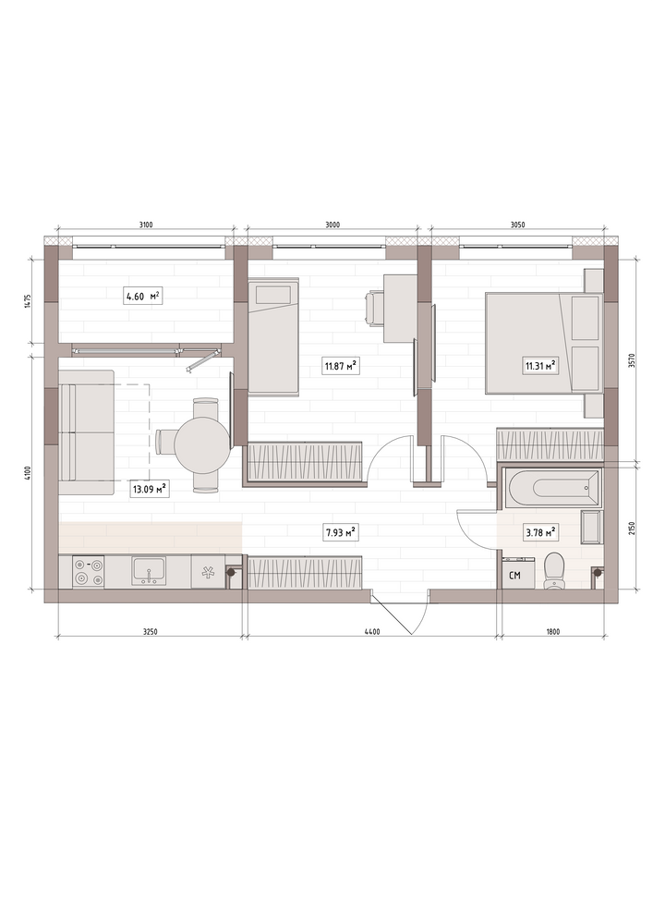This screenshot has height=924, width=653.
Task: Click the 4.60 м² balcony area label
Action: (x=142, y=296)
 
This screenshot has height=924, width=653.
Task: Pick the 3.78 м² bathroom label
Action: (x=541, y=533)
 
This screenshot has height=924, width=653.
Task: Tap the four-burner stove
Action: (x=89, y=572)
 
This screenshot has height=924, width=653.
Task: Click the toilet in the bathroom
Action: (x=553, y=570)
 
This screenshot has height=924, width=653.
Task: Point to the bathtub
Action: (x=550, y=487)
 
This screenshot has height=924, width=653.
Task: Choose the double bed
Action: (x=543, y=344)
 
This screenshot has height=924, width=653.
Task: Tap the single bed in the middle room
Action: (x=273, y=336)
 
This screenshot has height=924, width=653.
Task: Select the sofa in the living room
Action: (x=86, y=432)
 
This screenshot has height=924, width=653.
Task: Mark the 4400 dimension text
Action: (x=372, y=632)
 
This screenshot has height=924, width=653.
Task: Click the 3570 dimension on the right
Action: (x=631, y=360)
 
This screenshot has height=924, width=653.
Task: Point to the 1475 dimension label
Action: (x=36, y=300)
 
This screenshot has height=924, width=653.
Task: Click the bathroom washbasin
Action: (x=590, y=528)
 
